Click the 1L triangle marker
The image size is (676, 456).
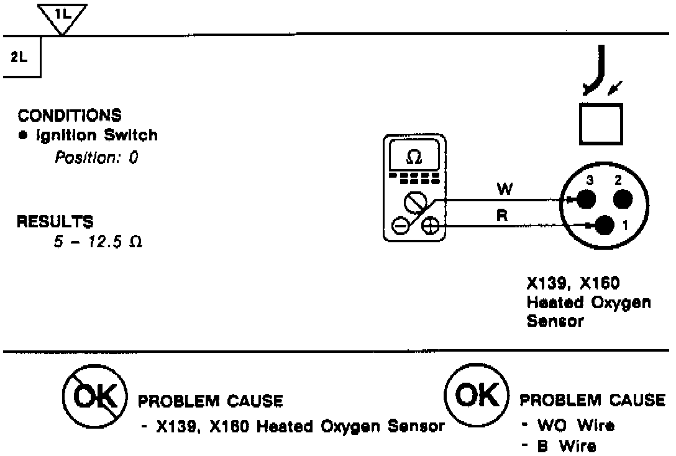click(62, 16)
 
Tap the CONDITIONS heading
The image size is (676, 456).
click(70, 116)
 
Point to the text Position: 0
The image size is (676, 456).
click(96, 158)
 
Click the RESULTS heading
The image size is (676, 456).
click(55, 221)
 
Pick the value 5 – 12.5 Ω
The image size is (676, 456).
click(98, 242)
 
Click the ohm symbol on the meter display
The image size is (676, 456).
click(413, 158)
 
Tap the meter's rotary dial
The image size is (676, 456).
click(414, 202)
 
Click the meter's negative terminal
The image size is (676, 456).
click(401, 226)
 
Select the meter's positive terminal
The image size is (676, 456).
click(429, 226)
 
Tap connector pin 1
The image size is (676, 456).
click(605, 224)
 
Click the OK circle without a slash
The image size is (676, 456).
click(476, 394)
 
